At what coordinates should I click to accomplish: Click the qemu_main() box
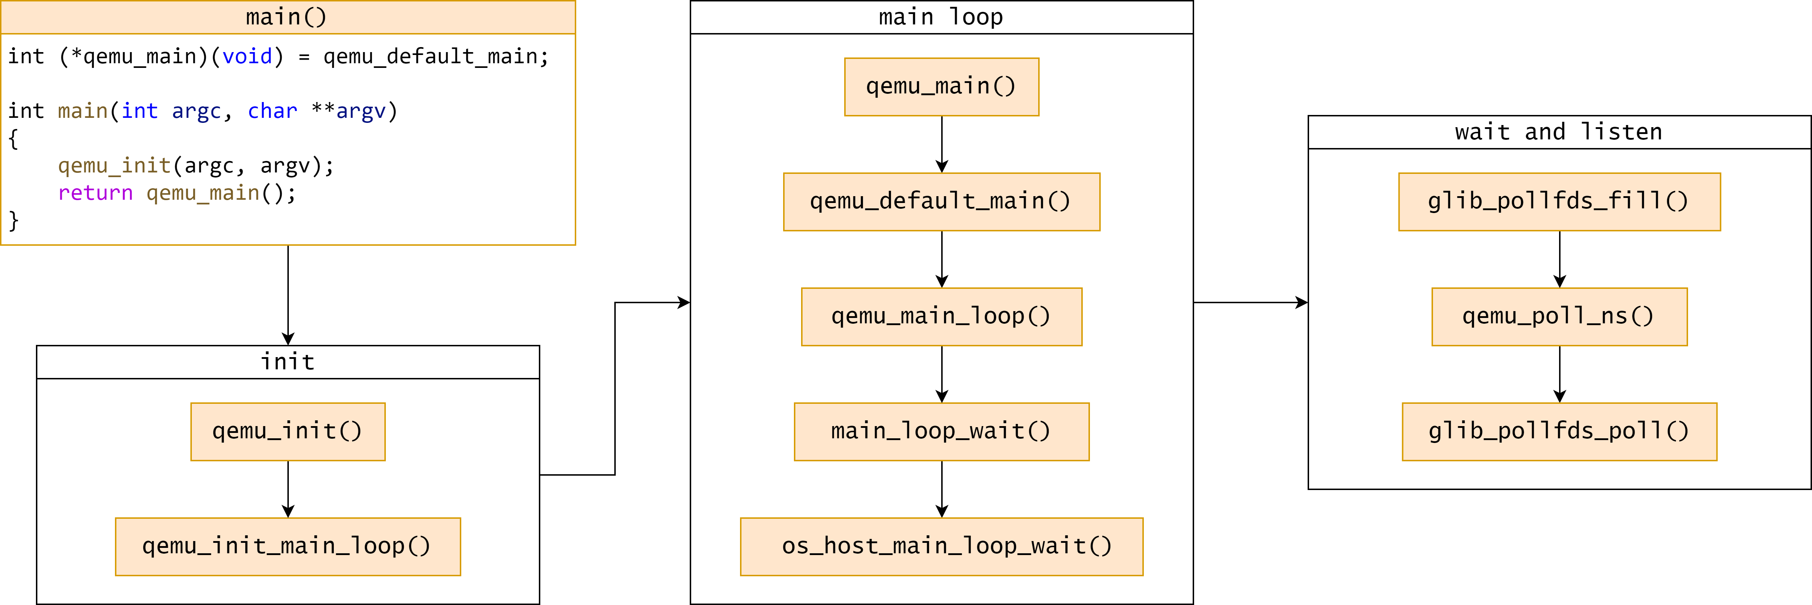point(941,87)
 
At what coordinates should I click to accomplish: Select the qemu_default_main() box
point(941,202)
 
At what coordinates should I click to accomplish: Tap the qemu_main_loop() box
point(941,317)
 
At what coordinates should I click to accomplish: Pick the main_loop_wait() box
point(941,432)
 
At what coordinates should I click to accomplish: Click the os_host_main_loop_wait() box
point(941,546)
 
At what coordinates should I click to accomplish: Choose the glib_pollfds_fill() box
point(1559,202)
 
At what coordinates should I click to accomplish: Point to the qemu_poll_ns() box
point(1559,317)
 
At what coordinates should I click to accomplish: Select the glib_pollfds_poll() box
point(1559,432)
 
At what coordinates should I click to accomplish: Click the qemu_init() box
point(288,432)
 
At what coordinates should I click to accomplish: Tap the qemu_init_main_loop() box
point(288,546)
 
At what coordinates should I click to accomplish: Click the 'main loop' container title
point(941,17)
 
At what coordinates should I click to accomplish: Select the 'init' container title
point(288,361)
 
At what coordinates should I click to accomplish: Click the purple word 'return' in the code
point(95,193)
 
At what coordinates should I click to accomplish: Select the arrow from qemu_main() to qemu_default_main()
point(942,144)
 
